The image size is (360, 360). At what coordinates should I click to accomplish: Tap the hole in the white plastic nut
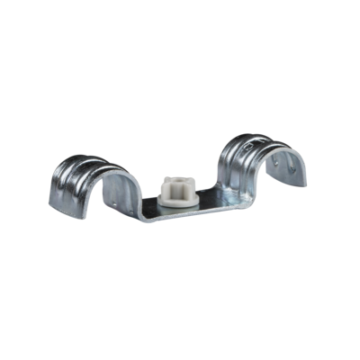coord(177,183)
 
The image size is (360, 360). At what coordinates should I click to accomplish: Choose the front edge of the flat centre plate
coord(180,213)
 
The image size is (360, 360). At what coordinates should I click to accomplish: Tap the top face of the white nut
coord(177,181)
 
